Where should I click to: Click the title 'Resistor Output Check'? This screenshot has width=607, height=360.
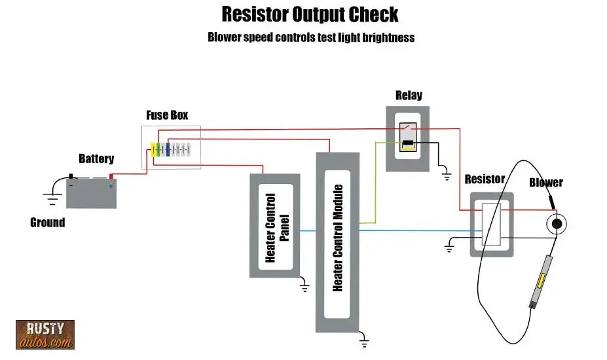click(x=310, y=14)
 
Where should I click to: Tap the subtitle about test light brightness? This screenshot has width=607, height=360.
click(x=310, y=37)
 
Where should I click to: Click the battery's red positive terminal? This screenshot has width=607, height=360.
click(x=111, y=175)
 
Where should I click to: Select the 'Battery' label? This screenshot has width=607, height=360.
click(x=96, y=158)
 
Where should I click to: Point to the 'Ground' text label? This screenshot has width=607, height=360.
click(x=48, y=223)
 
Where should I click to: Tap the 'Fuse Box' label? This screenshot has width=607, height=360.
click(x=167, y=115)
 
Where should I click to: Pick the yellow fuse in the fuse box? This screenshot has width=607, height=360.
click(x=155, y=150)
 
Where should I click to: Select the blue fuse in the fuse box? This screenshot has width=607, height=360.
click(x=168, y=150)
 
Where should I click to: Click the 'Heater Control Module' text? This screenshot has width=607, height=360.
click(x=338, y=238)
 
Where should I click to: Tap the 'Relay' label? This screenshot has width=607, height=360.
click(x=409, y=96)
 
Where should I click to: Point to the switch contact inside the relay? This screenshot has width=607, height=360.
click(x=409, y=128)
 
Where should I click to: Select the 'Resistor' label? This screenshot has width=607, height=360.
click(x=485, y=179)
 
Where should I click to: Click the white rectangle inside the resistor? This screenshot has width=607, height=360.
click(x=491, y=224)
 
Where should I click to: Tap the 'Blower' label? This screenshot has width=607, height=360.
click(x=545, y=183)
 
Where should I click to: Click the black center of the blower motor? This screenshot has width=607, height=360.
click(x=556, y=224)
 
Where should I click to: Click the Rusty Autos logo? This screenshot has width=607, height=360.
click(x=45, y=334)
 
